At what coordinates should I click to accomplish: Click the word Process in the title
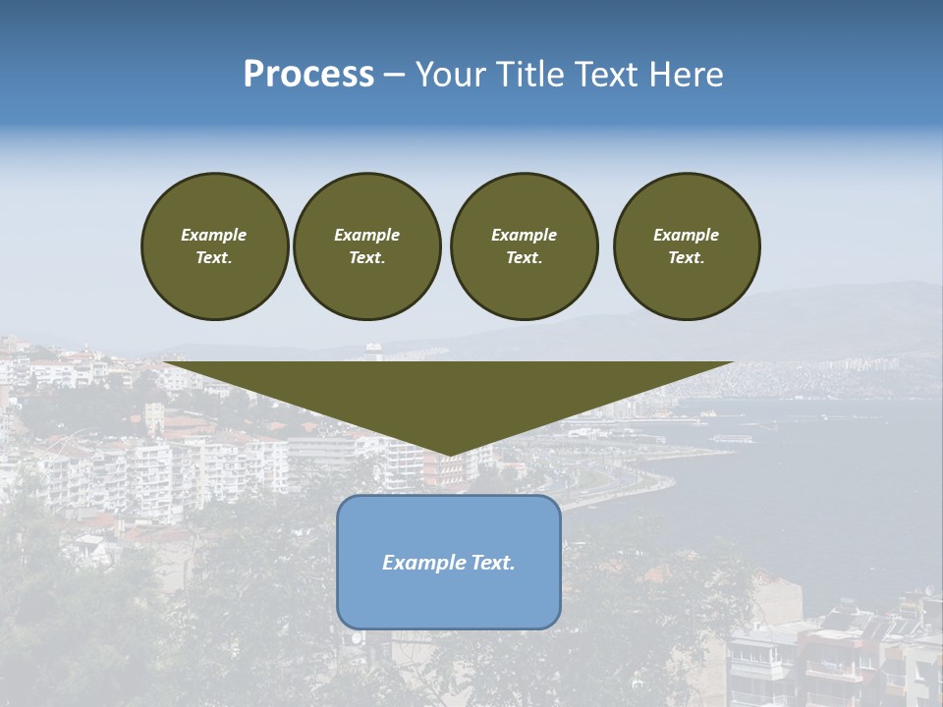pyautogui.click(x=308, y=75)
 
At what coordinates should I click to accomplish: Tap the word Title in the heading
pyautogui.click(x=524, y=75)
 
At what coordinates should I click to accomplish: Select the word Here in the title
pyautogui.click(x=685, y=75)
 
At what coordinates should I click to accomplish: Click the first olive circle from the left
pyautogui.click(x=214, y=246)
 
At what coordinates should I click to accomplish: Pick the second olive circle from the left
pyautogui.click(x=367, y=246)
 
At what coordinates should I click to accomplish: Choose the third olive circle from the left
pyautogui.click(x=524, y=246)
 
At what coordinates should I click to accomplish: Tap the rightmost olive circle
pyautogui.click(x=687, y=246)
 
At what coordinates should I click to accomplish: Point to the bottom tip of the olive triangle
pyautogui.click(x=449, y=455)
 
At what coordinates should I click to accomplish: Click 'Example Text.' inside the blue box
pyautogui.click(x=449, y=563)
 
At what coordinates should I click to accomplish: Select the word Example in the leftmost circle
pyautogui.click(x=214, y=236)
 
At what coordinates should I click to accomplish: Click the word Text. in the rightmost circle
pyautogui.click(x=687, y=258)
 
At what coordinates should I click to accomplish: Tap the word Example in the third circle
pyautogui.click(x=524, y=236)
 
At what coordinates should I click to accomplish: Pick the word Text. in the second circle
pyautogui.click(x=367, y=258)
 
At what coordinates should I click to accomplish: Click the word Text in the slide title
pyautogui.click(x=601, y=75)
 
